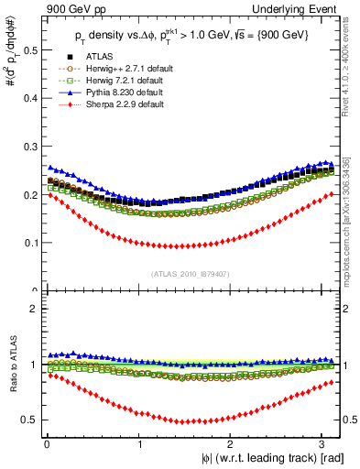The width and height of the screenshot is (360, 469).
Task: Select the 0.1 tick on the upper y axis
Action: (x=28, y=243)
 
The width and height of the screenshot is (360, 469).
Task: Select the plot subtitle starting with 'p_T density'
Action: (x=192, y=36)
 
